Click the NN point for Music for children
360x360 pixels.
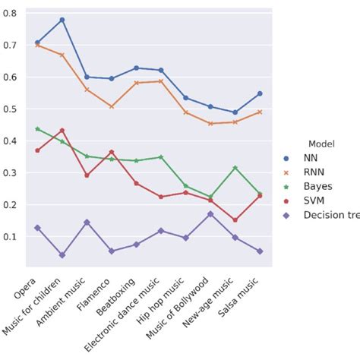62,20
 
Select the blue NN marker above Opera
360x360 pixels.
37,43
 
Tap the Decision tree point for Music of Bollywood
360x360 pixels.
210,214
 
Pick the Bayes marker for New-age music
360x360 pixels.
235,168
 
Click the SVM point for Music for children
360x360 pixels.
62,131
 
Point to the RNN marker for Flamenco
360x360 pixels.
112,106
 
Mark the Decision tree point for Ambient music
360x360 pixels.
87,223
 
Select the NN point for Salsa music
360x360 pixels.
260,93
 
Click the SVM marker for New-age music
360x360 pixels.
235,220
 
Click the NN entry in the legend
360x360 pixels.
311,158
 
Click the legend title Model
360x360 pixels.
323,143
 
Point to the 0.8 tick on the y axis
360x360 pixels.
12,13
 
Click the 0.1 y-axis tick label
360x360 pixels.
12,237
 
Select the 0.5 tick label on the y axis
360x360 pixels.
12,109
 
